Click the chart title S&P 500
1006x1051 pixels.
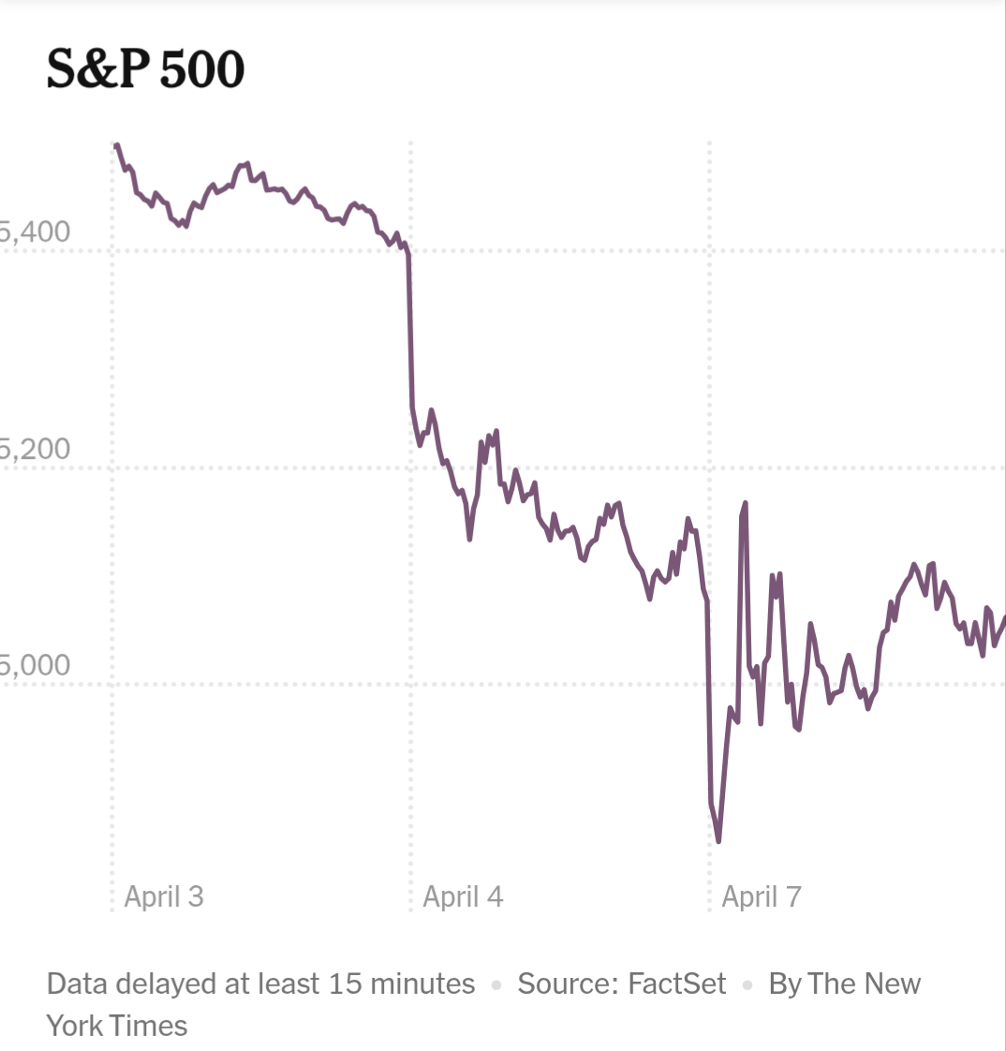(145, 69)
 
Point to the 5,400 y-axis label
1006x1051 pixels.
(36, 231)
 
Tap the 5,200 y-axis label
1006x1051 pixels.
(36, 449)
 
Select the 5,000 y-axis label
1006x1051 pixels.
(36, 665)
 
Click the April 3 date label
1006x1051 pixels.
(164, 896)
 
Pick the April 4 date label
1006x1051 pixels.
(463, 896)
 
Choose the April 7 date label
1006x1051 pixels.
(762, 896)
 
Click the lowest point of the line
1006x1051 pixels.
(718, 840)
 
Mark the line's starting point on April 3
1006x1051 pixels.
(116, 145)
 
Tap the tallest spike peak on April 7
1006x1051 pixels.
(746, 503)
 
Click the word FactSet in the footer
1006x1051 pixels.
(677, 984)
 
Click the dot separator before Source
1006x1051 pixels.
(496, 985)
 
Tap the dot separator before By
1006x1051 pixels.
(747, 985)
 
